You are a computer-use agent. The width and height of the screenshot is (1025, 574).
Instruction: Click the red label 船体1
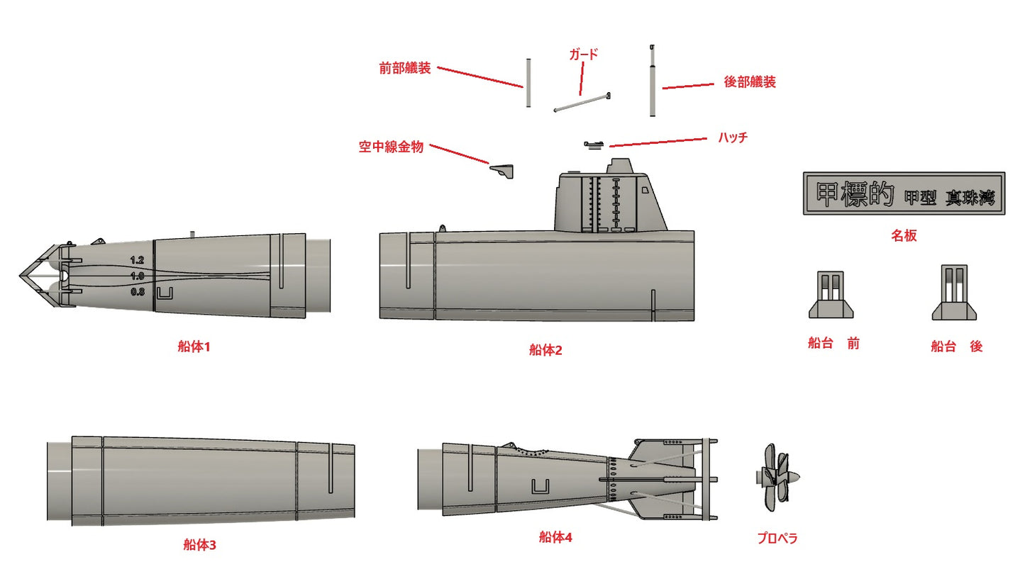tap(194, 347)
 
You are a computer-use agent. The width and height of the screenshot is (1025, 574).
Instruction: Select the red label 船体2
tap(545, 349)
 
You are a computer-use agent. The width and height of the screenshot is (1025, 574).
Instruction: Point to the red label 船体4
tap(555, 538)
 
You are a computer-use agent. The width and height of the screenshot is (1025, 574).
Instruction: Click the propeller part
tap(779, 478)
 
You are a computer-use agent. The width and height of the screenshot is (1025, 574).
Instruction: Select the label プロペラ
tap(777, 539)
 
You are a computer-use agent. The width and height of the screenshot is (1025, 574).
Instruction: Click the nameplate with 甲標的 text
tap(904, 193)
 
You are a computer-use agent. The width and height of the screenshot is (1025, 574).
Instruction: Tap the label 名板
tap(904, 236)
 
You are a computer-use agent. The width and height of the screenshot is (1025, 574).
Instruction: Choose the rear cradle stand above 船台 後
tap(954, 294)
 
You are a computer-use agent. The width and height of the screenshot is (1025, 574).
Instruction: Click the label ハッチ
tap(733, 138)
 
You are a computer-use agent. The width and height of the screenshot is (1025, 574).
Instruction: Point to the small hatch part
tap(594, 145)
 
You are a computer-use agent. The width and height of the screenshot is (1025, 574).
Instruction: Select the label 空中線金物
tap(391, 147)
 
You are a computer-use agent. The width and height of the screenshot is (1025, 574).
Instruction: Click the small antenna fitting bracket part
tap(504, 170)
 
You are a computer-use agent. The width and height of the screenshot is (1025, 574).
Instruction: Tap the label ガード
tap(584, 54)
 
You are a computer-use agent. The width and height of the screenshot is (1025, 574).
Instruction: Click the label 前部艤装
tap(404, 69)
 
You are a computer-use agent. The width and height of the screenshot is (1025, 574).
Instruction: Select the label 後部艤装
tap(749, 82)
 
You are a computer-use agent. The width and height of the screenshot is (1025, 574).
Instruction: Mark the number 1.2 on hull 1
tap(137, 261)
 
